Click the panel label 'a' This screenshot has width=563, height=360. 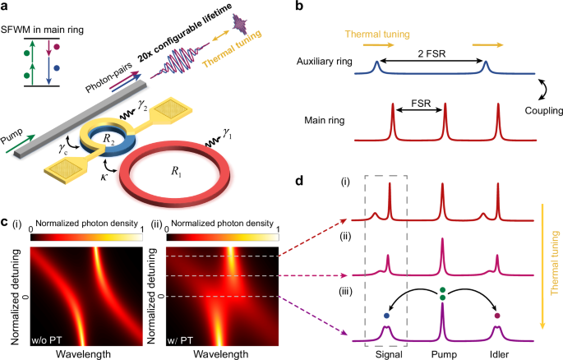click(7, 7)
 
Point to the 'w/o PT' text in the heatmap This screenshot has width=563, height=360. click(48, 335)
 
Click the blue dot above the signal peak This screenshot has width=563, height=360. click(385, 314)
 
